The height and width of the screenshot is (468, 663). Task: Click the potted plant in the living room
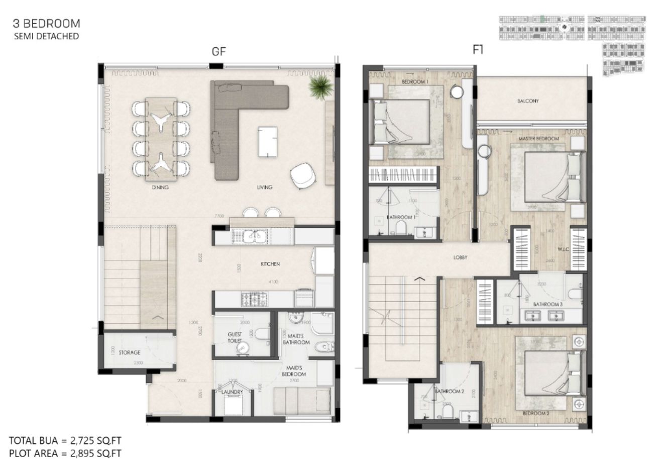[x=320, y=86]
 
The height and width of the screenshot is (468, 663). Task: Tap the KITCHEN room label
[x=270, y=264]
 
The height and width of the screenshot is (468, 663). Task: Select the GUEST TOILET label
[x=235, y=337]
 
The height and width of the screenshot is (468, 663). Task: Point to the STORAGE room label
[x=130, y=352]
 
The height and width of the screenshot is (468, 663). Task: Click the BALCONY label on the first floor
[x=527, y=101]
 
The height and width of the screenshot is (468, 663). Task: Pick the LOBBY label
[x=460, y=257]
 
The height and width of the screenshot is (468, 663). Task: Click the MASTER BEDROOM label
[x=539, y=139]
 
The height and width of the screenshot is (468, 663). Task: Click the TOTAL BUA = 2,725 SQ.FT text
[x=65, y=441]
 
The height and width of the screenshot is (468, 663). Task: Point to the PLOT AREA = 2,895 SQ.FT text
[x=65, y=453]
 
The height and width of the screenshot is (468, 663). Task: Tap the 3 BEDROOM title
[x=47, y=23]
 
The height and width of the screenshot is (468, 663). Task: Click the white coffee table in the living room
[x=267, y=142]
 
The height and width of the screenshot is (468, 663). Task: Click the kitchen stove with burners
[x=255, y=300]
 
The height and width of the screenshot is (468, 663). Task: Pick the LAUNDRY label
[x=232, y=392]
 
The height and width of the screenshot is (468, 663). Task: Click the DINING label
[x=160, y=187]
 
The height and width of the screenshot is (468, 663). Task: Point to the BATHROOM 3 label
[x=548, y=304]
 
